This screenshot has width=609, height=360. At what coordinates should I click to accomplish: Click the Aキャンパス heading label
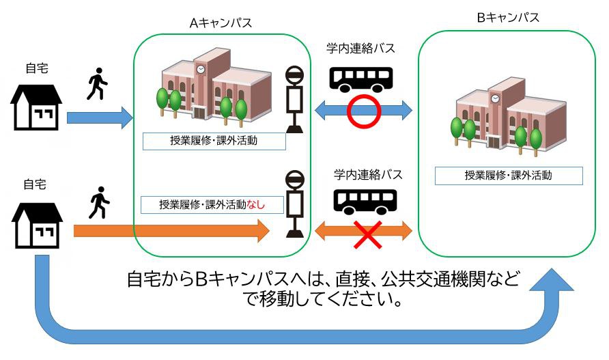click(221, 23)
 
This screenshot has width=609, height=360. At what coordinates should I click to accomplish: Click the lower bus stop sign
click(295, 205)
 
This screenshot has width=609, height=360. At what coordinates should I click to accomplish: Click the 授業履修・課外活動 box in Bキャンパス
click(509, 176)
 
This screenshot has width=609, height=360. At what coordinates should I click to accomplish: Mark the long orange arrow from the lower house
click(171, 232)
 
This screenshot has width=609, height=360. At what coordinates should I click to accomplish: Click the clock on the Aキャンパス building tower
click(201, 69)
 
